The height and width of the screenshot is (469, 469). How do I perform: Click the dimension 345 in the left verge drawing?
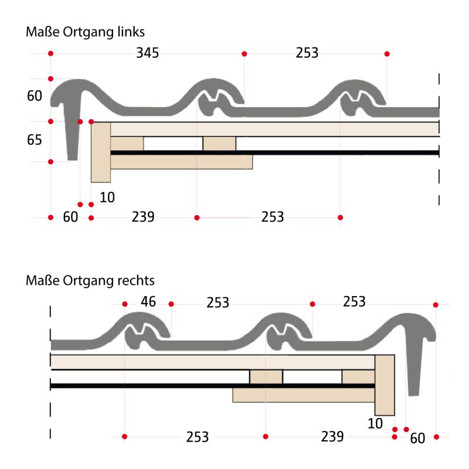click(148, 53)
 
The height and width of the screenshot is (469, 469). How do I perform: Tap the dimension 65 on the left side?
click(35, 140)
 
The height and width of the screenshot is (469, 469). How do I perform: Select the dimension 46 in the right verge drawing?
click(148, 301)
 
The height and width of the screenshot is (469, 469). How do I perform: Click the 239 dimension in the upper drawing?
click(143, 217)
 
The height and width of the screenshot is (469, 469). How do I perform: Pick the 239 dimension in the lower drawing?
click(332, 437)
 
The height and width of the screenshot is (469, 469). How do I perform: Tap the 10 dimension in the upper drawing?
click(107, 198)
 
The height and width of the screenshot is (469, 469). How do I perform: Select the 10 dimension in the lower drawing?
click(375, 423)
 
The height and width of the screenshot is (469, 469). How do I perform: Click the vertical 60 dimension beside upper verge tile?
click(35, 96)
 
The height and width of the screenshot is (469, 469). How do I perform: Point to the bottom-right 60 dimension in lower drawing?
click(417, 439)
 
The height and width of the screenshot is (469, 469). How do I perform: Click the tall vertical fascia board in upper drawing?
click(101, 152)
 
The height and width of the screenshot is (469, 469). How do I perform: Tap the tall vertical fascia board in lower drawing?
click(385, 385)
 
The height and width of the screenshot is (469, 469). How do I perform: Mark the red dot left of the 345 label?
click(50, 53)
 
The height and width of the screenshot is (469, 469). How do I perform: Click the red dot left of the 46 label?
click(125, 304)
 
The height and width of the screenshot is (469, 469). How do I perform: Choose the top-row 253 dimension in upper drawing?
click(307, 53)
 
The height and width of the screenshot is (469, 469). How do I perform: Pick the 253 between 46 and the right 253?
click(217, 303)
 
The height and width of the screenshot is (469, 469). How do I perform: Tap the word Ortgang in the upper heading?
click(89, 32)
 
